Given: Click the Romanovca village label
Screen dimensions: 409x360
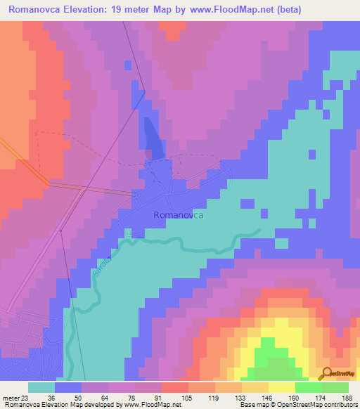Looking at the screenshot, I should pyautogui.click(x=179, y=216).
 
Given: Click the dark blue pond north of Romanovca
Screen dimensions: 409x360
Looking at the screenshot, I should pyautogui.click(x=153, y=138).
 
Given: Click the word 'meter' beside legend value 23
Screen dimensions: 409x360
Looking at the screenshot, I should pyautogui.click(x=11, y=397).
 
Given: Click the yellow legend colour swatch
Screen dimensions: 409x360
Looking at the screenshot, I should pyautogui.click(x=281, y=387).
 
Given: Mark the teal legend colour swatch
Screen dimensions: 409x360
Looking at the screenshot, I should pyautogui.click(x=41, y=387).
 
